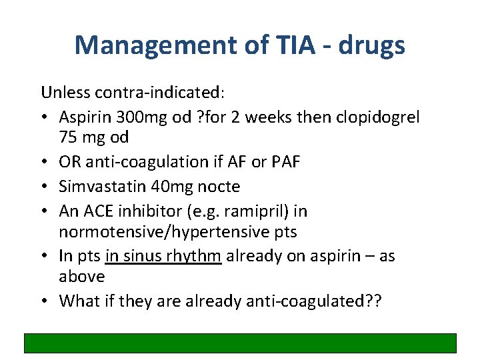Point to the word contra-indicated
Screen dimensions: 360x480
147,91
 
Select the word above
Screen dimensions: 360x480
82,277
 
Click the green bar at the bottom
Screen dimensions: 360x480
240,343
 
